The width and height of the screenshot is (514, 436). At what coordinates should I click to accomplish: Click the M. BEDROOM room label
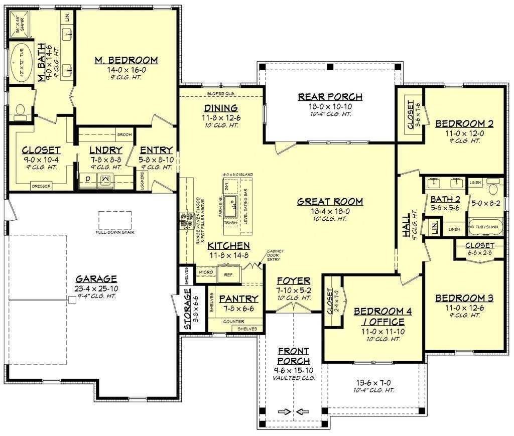tap(126, 60)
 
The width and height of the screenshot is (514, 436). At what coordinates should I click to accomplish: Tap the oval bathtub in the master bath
tap(21, 60)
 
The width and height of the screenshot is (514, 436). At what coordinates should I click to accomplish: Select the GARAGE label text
tap(96, 279)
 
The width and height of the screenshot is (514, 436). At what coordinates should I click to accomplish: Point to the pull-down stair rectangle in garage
tap(115, 219)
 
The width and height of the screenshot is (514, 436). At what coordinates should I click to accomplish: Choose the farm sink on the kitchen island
tap(231, 205)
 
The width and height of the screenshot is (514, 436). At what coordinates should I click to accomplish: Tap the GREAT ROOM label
tap(329, 202)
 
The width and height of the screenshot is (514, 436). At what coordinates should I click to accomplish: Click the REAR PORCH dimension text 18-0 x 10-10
tap(330, 106)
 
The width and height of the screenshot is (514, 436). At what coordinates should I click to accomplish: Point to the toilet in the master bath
tap(21, 110)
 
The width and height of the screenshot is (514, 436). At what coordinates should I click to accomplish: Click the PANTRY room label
tap(238, 299)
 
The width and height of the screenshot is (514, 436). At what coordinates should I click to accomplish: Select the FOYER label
tap(293, 280)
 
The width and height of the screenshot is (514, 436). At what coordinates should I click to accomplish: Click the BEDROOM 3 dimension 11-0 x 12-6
tap(464, 307)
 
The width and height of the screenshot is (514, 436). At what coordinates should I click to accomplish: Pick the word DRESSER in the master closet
tap(42, 185)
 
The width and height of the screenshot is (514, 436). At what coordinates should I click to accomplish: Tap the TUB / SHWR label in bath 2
tap(486, 227)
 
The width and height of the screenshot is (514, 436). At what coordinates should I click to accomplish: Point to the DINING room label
tap(220, 108)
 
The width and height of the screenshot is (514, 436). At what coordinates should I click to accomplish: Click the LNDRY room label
tap(105, 150)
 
